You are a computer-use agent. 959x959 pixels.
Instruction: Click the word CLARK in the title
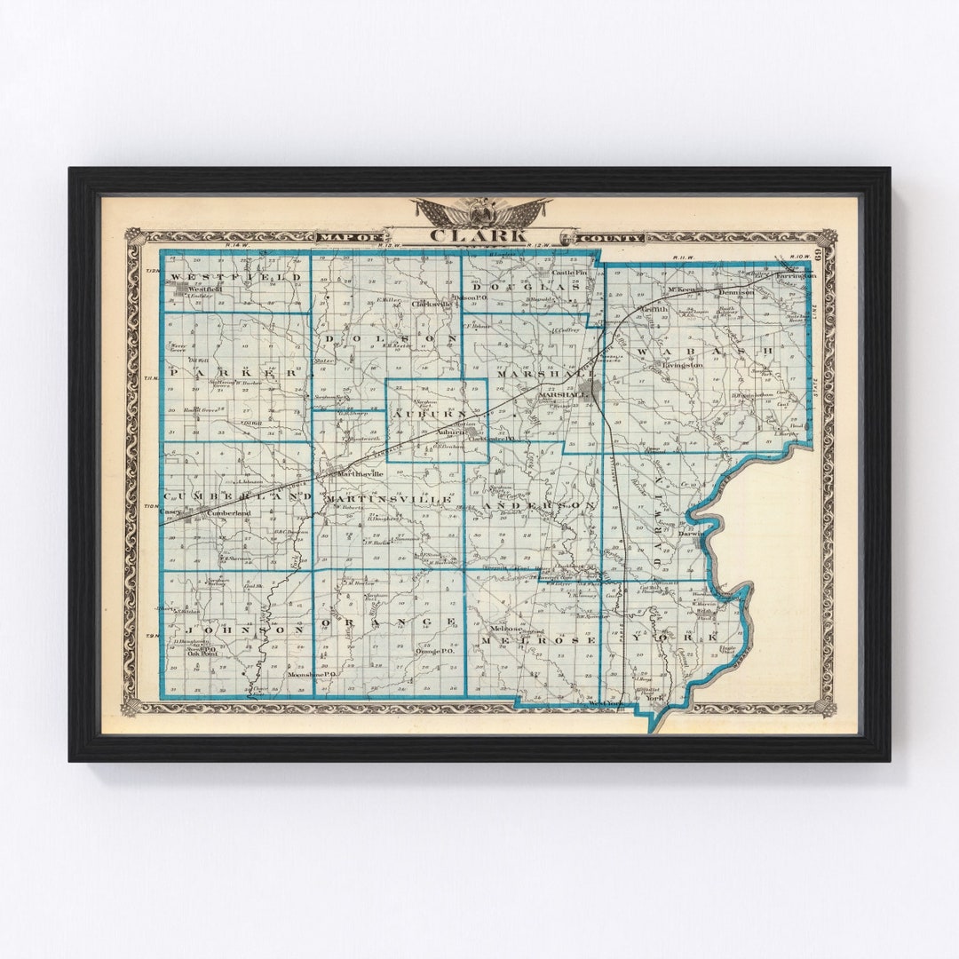(480, 236)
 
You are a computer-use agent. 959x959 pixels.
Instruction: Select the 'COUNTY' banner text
(611, 237)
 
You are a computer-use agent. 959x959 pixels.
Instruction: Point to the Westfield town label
(203, 289)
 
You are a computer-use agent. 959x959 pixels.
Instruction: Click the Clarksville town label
(432, 304)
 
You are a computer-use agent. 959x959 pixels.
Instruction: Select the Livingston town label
(682, 364)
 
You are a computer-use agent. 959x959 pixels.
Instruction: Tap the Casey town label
(170, 512)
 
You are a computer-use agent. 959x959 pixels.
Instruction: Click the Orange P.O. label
(435, 651)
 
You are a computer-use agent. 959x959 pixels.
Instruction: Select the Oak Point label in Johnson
(207, 654)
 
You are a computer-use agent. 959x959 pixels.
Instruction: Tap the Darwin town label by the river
(691, 535)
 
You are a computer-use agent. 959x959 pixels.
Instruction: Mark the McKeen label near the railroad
(681, 290)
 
